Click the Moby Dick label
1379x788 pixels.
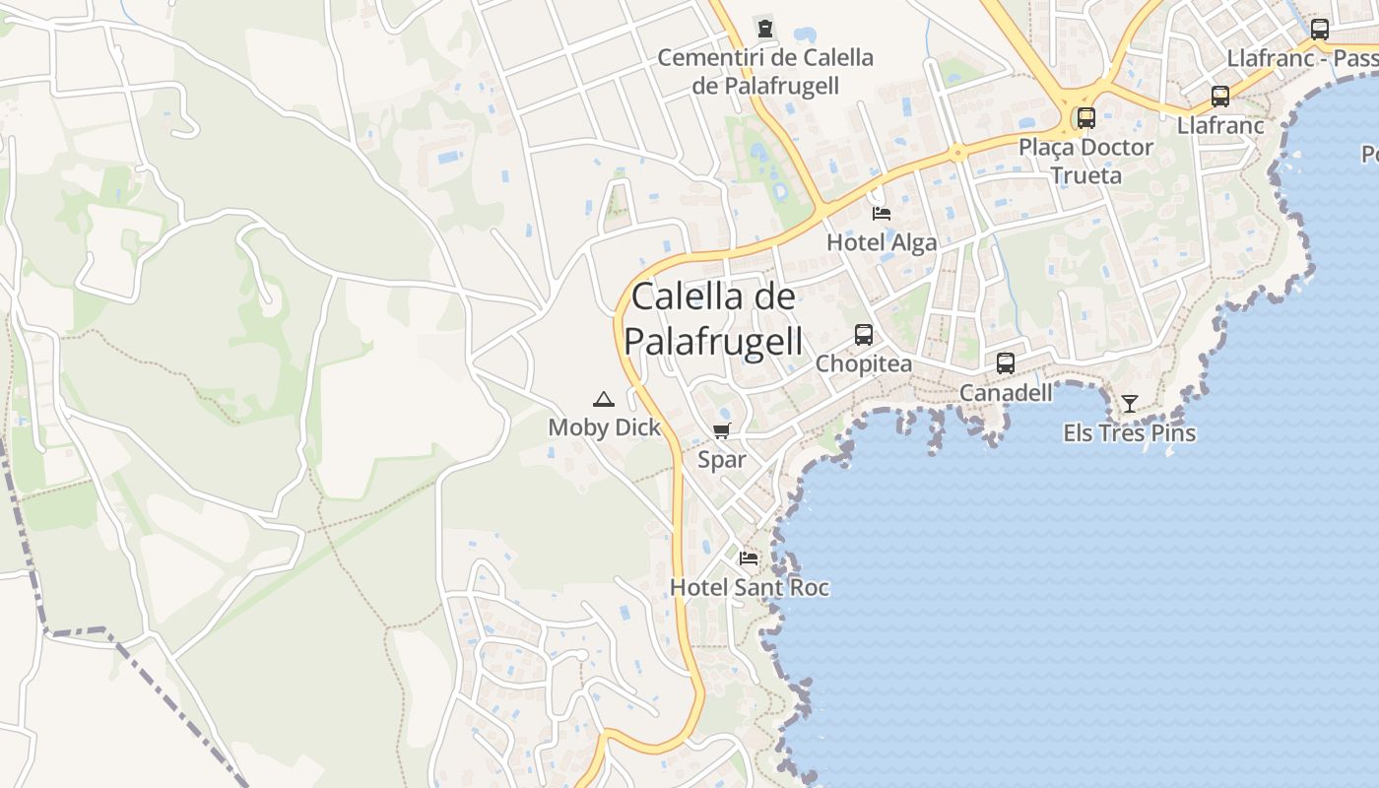click(x=605, y=427)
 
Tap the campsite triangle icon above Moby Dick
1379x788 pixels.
click(x=604, y=399)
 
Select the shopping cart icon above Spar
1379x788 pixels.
click(x=722, y=430)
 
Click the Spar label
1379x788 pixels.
click(x=722, y=460)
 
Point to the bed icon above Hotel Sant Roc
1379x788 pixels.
click(x=749, y=558)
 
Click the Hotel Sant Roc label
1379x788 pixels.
click(x=749, y=588)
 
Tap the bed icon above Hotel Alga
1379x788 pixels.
click(x=882, y=213)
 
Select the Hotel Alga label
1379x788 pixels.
click(x=882, y=242)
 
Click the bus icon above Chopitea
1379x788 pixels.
click(x=864, y=335)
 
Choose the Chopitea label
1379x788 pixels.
click(x=864, y=364)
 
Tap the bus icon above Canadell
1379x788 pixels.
click(x=1006, y=362)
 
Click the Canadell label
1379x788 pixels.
click(x=1006, y=393)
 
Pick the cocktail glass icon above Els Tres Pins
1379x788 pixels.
click(x=1129, y=404)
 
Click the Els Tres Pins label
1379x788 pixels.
click(x=1129, y=433)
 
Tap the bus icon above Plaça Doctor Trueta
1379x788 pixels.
click(x=1086, y=118)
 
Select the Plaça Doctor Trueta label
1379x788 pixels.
click(x=1086, y=162)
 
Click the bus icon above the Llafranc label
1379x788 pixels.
click(x=1220, y=97)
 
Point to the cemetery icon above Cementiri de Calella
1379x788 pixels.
click(x=765, y=27)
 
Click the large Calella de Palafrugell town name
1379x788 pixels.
click(x=713, y=318)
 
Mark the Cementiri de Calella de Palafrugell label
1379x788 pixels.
click(x=765, y=72)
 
